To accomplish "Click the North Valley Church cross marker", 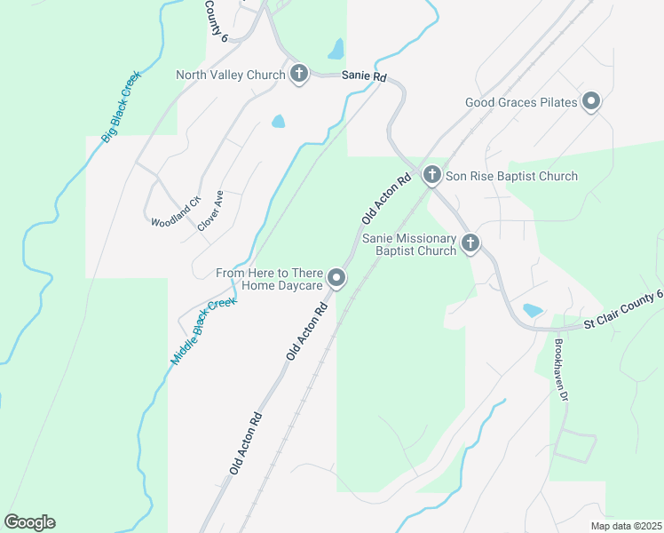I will pyautogui.click(x=299, y=75).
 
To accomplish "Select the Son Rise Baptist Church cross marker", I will pyautogui.click(x=431, y=175).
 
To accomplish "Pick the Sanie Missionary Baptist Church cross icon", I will pyautogui.click(x=470, y=243).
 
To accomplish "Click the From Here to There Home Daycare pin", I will pyautogui.click(x=336, y=279).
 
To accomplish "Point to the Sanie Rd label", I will pyautogui.click(x=365, y=77).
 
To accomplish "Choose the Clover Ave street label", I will pyautogui.click(x=210, y=211).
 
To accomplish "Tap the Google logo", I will pyautogui.click(x=29, y=521).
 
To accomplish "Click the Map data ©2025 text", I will pyautogui.click(x=625, y=526).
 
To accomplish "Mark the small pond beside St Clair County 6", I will pyautogui.click(x=532, y=311).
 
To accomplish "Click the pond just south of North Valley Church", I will pyautogui.click(x=278, y=121).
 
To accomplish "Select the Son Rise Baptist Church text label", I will pyautogui.click(x=511, y=176).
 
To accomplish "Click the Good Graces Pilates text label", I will pyautogui.click(x=521, y=103).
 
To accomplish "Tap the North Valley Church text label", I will pyautogui.click(x=230, y=75).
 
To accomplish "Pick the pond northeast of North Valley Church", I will pyautogui.click(x=336, y=47).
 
